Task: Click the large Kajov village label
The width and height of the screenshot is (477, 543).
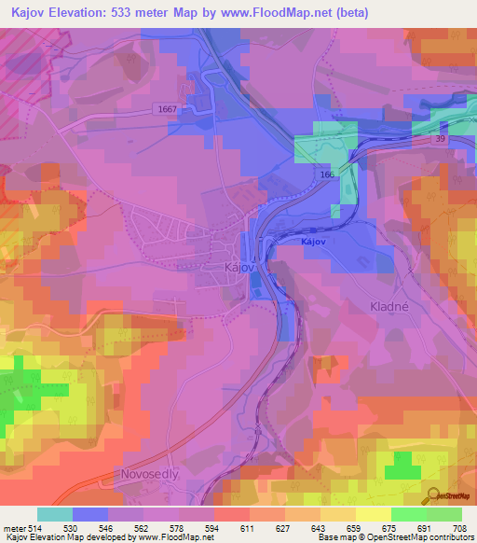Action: (239, 268)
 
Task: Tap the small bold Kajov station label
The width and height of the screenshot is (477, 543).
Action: (314, 242)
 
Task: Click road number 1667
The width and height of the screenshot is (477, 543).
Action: (167, 110)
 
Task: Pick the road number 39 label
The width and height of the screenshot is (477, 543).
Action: (440, 138)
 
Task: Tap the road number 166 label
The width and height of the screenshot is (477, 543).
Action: (326, 174)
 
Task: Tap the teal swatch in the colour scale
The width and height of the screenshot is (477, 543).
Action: (55, 514)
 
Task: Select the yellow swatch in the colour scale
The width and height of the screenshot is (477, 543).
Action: (373, 514)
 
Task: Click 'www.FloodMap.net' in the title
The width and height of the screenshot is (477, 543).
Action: (279, 13)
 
